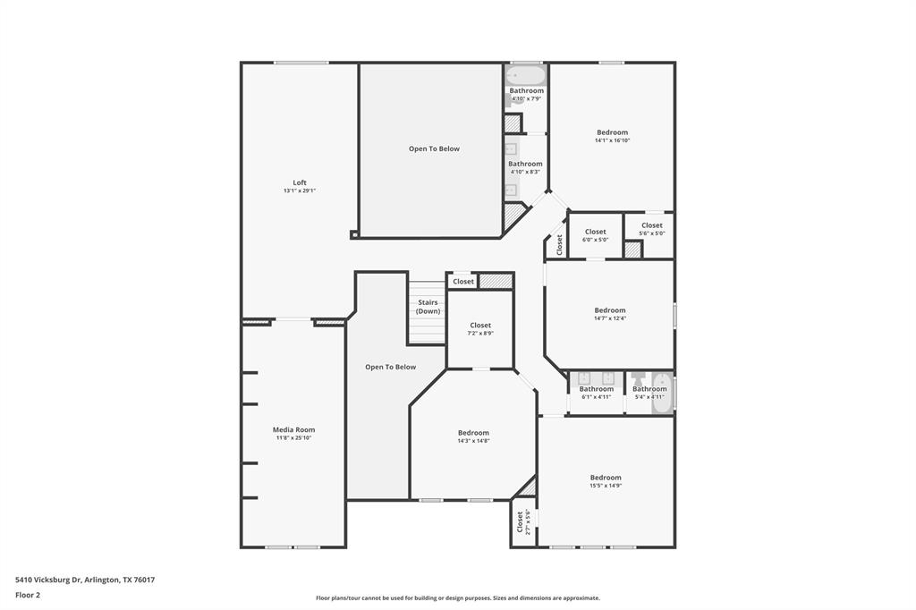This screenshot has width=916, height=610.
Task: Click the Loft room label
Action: pyautogui.click(x=300, y=182)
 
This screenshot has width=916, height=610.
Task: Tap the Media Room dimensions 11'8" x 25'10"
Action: pyautogui.click(x=294, y=437)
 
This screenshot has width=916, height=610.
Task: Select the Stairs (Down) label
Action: pyautogui.click(x=428, y=307)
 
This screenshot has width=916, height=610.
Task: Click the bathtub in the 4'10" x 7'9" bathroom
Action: pyautogui.click(x=525, y=74)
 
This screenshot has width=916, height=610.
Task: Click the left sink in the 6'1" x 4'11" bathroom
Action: pyautogui.click(x=584, y=377)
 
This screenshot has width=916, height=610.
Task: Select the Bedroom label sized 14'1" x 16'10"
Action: pyautogui.click(x=613, y=132)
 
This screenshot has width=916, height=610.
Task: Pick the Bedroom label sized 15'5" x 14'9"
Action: pyautogui.click(x=606, y=478)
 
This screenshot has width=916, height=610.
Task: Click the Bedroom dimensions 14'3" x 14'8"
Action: pyautogui.click(x=473, y=441)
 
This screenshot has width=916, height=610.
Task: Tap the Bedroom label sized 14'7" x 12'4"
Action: pyautogui.click(x=610, y=310)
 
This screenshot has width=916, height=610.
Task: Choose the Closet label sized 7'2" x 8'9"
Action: pyautogui.click(x=480, y=326)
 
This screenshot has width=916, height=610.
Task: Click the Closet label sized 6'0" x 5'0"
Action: pyautogui.click(x=596, y=232)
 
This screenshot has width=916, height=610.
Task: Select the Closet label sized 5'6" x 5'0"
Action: pyautogui.click(x=651, y=225)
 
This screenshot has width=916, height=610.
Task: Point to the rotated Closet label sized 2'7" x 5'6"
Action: pyautogui.click(x=520, y=521)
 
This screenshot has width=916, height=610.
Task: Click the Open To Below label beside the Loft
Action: pyautogui.click(x=434, y=148)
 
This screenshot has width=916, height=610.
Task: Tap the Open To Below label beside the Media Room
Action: pyautogui.click(x=390, y=367)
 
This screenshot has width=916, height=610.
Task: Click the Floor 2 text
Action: pyautogui.click(x=28, y=594)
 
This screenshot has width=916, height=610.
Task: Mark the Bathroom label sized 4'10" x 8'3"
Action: pyautogui.click(x=525, y=164)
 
